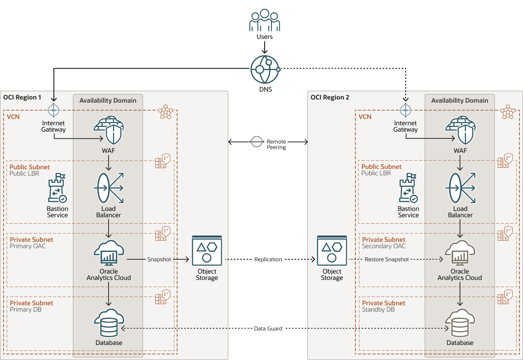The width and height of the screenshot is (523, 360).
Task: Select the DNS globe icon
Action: [265, 69]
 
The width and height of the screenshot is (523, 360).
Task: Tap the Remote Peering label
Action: [276, 144]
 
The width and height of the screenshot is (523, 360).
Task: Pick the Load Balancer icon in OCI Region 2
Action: [460, 188]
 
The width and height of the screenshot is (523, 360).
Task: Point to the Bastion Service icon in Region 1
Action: [57, 188]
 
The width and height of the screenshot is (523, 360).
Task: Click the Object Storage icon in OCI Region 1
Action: [207, 251]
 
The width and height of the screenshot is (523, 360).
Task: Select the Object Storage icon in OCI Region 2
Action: [332, 251]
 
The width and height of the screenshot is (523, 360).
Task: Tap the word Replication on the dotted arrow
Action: [268, 259]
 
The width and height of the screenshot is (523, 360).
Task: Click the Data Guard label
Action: [268, 329]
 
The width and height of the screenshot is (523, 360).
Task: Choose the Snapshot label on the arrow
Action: [159, 259]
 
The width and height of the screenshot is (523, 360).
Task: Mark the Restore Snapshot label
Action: [387, 259]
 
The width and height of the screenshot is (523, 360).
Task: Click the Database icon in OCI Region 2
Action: [460, 323]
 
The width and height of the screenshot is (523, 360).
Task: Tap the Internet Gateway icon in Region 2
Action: [405, 110]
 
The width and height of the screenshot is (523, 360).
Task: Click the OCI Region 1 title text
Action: [22, 98]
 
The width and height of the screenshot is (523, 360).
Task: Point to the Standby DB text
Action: [378, 310]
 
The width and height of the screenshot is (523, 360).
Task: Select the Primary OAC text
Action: [28, 246]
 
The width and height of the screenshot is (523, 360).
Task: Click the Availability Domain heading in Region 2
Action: [460, 101]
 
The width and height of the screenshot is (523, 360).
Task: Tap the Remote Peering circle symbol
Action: [257, 142]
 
